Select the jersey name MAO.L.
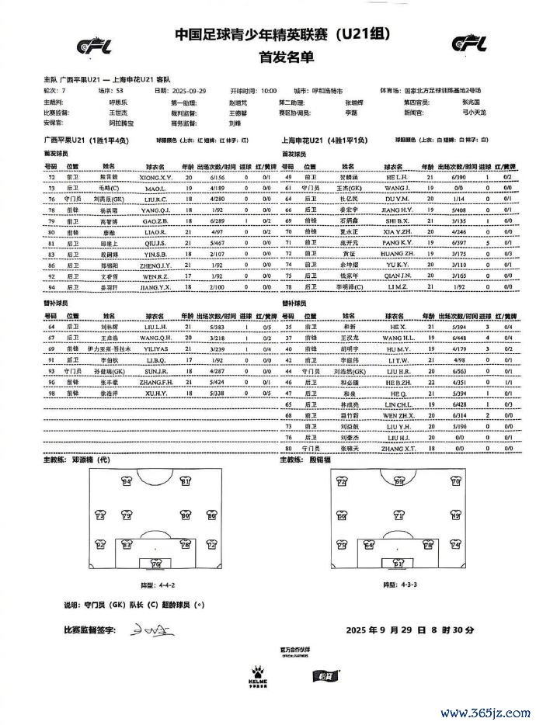click(151, 188)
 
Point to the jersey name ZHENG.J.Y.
click(156, 265)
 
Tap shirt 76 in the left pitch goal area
click(155, 564)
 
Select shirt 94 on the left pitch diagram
click(127, 482)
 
